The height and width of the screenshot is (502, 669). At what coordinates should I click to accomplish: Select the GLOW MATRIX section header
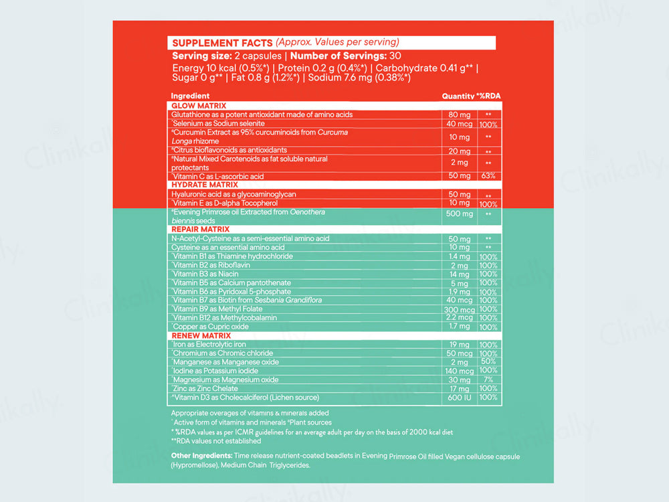point(199,106)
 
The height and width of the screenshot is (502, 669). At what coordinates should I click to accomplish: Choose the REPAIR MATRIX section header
point(201,229)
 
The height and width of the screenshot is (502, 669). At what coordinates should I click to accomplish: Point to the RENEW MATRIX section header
point(201,335)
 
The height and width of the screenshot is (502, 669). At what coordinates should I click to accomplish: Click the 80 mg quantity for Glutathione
point(460,115)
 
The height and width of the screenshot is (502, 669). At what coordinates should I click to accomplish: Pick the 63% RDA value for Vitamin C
point(488,176)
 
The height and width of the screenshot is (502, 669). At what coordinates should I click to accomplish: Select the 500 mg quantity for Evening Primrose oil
point(460,214)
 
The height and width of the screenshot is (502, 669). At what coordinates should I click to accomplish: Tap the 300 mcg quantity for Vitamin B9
point(459,310)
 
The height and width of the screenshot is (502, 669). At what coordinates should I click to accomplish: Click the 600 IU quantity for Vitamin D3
point(460,398)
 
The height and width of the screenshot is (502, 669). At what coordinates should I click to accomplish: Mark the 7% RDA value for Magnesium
point(488,380)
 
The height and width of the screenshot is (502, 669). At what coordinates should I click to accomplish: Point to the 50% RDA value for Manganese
point(488,362)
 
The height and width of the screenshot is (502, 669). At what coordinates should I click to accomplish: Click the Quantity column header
point(458,96)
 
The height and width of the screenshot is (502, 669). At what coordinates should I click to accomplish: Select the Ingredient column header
point(190,96)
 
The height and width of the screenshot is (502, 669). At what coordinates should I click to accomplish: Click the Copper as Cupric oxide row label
point(211,327)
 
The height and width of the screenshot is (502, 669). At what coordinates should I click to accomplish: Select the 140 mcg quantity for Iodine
point(459,371)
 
